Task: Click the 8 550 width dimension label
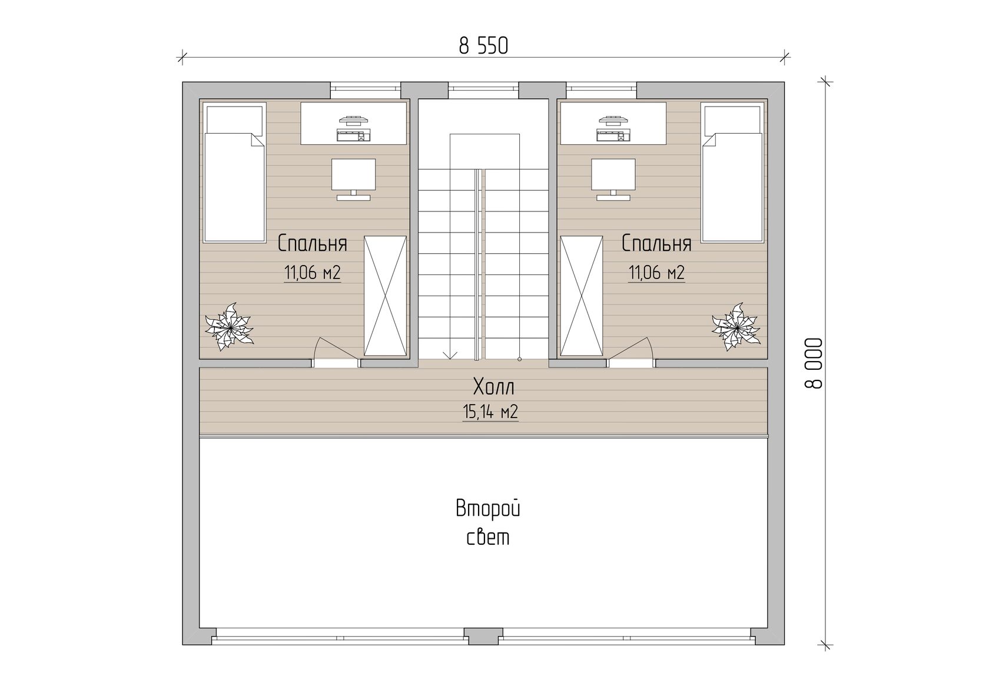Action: coord(483,46)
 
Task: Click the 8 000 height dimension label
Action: coord(814,363)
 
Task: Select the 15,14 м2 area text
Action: coord(490,412)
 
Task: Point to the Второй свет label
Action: coord(488,523)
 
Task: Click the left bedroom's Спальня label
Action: coord(312,244)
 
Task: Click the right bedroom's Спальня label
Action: coord(656,244)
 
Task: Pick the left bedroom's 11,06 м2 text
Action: coord(312,273)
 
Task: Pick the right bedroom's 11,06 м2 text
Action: coord(656,273)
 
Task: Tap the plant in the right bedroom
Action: coord(736,327)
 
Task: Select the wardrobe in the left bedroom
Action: coord(385,296)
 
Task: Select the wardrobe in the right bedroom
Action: coord(582,296)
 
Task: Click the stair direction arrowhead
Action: coord(450,356)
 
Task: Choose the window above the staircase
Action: coord(483,90)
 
